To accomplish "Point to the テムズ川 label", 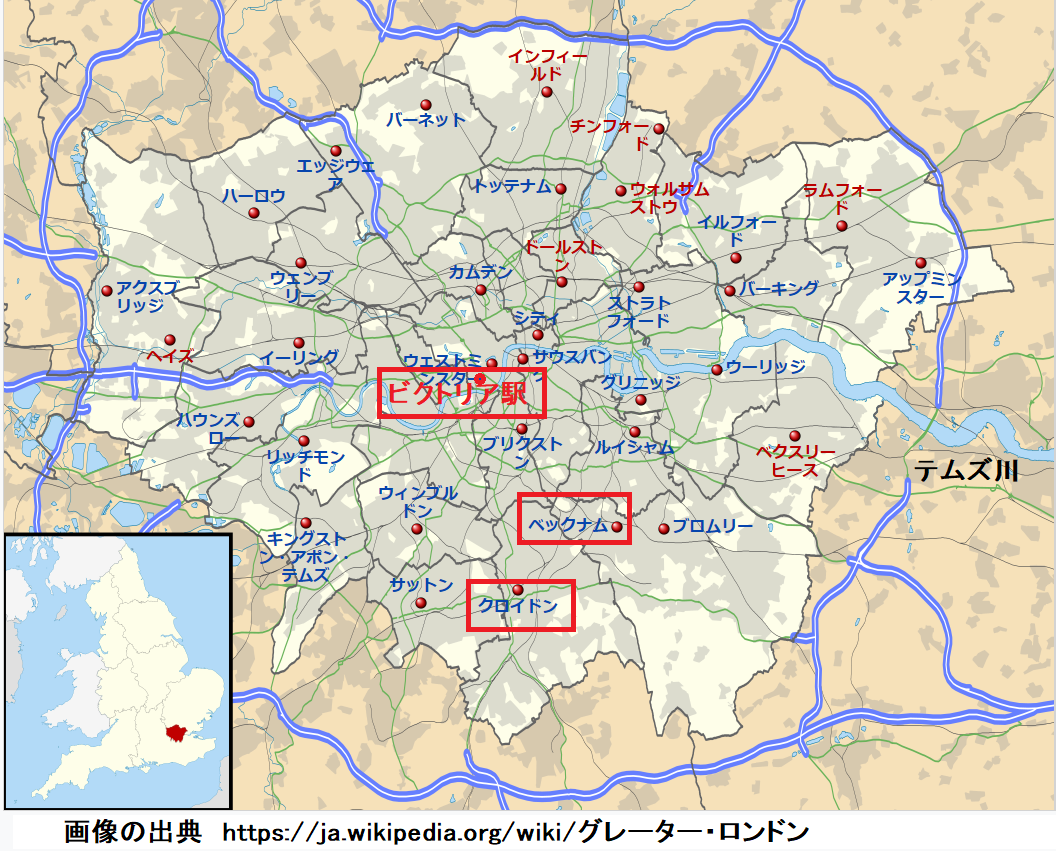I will tap(966, 470).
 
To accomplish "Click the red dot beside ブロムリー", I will tap(664, 527).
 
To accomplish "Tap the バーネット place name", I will tap(426, 120).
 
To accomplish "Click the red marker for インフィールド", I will tap(547, 92).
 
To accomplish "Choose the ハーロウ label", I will tap(254, 196).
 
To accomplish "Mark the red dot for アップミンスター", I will tap(920, 263).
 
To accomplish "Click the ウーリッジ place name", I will tap(765, 367).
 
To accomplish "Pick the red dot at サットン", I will tap(421, 603).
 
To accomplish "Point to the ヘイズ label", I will tap(169, 356).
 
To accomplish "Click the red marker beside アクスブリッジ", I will tap(107, 291).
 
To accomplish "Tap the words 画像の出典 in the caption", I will tap(133, 831).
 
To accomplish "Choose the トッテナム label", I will tap(513, 186).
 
